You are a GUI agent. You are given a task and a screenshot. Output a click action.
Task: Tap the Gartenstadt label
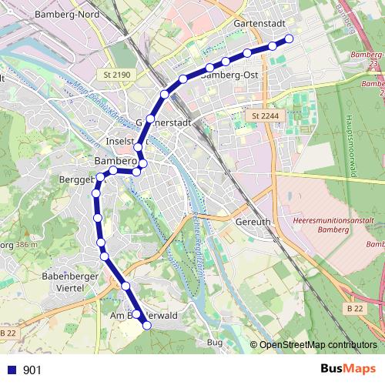click(x=256, y=23)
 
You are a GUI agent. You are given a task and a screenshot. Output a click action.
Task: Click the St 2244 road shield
click(x=263, y=115)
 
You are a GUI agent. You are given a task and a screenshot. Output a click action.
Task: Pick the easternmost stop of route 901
click(x=290, y=38)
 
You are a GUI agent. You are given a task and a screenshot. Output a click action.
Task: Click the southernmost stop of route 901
click(x=147, y=326)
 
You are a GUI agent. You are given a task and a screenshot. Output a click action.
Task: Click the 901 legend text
click(x=32, y=370)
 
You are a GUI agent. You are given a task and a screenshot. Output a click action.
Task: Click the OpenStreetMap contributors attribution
click(x=315, y=345)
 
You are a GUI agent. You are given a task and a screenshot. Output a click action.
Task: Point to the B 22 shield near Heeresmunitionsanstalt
click(x=354, y=308)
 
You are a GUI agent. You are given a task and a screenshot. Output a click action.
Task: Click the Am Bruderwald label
click(x=145, y=315)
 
